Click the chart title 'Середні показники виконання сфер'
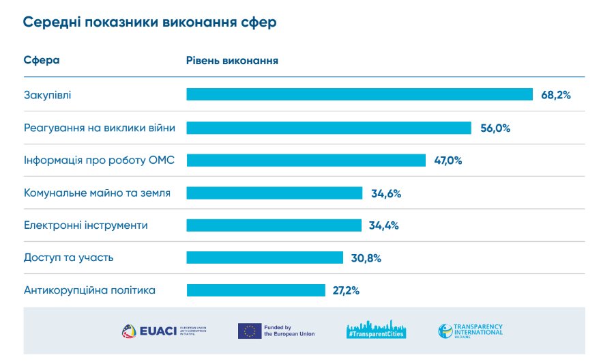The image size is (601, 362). [149, 23]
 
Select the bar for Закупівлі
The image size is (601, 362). [359, 95]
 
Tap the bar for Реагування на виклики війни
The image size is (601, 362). [328, 128]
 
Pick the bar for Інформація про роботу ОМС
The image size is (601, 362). [306, 161]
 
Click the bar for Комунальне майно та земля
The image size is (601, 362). [274, 193]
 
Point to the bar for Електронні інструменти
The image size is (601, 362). [274, 225]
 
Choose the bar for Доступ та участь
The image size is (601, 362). [265, 257]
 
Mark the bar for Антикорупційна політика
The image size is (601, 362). [256, 290]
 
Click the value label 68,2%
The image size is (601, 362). [555, 95]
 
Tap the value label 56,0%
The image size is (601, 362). [495, 128]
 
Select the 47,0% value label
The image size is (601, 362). [448, 161]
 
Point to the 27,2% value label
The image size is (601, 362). [346, 290]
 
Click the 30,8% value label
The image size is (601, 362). [366, 258]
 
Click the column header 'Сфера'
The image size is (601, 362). [42, 60]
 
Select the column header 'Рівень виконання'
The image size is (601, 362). [232, 60]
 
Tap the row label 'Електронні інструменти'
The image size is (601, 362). [85, 225]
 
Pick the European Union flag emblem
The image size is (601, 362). [250, 331]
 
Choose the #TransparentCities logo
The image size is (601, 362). [376, 330]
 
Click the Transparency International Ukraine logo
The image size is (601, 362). [471, 331]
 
